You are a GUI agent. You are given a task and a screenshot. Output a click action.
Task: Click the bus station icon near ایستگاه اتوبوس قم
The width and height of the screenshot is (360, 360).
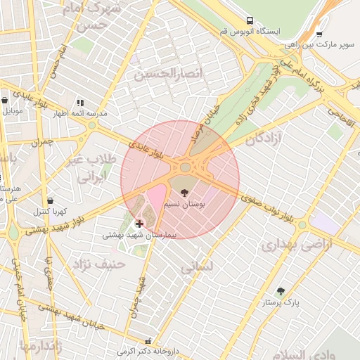[250, 21]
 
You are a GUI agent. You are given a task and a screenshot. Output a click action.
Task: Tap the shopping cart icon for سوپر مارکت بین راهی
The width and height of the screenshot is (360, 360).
[319, 33]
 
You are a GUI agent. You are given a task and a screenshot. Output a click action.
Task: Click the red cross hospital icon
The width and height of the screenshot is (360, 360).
[139, 224]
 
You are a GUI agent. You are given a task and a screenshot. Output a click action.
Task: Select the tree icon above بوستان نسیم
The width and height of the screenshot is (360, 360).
[184, 192]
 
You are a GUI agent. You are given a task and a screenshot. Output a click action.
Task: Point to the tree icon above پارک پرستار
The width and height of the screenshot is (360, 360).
[281, 291]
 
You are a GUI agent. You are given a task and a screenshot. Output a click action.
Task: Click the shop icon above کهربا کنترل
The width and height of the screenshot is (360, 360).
[49, 200]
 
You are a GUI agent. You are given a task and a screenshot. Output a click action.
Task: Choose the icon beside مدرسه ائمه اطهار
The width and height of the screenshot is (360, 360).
[79, 103]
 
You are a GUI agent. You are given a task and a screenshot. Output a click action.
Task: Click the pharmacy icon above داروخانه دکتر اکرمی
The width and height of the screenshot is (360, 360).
[146, 339]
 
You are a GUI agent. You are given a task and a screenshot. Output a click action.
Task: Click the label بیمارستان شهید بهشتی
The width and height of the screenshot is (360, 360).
[138, 235]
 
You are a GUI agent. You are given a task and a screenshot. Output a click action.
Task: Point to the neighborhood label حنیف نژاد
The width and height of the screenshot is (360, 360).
[99, 264]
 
